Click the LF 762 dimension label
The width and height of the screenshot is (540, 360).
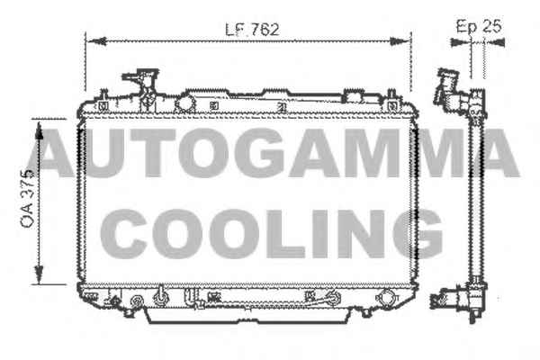(x=252, y=30)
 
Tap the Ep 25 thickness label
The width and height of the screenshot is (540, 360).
(x=479, y=26)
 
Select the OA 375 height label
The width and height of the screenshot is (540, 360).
(x=27, y=198)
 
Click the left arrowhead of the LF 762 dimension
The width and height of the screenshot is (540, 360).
(x=96, y=41)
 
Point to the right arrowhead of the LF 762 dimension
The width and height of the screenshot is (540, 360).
(x=400, y=41)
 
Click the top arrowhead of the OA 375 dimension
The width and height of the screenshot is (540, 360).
(x=40, y=130)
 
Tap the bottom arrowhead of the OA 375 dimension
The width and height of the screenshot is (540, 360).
(x=40, y=274)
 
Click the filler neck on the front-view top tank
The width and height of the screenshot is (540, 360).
(x=142, y=86)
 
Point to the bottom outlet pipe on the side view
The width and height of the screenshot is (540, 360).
(x=445, y=300)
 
